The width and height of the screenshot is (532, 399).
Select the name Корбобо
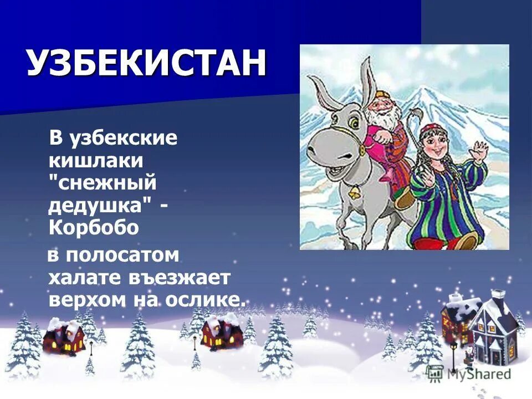pos(93,227)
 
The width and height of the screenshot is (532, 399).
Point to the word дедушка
pos(95,206)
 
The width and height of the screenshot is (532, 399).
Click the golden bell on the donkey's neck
pos(352,192)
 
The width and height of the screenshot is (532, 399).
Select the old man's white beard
pos(382,117)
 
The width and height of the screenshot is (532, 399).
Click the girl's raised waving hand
pos(480,150)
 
